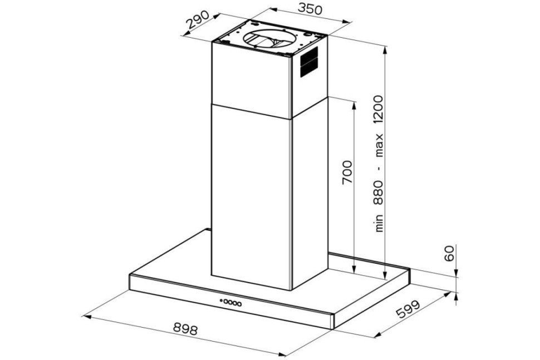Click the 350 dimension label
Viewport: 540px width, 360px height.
[x=310, y=8]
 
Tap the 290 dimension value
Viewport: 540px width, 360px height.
[x=198, y=19]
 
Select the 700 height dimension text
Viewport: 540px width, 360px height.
[x=347, y=172]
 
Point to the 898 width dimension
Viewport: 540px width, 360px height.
[x=185, y=329]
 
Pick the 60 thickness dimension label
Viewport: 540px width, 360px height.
[x=449, y=254]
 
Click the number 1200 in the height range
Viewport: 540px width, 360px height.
[x=379, y=110]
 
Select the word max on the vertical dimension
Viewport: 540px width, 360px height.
[x=379, y=145]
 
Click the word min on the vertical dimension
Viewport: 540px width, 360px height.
[x=379, y=223]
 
